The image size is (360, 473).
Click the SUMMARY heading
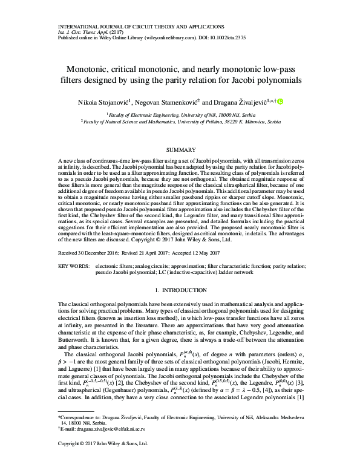pos(180,150)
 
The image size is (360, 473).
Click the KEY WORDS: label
pos(74,266)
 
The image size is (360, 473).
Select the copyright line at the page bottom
pos(102,461)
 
